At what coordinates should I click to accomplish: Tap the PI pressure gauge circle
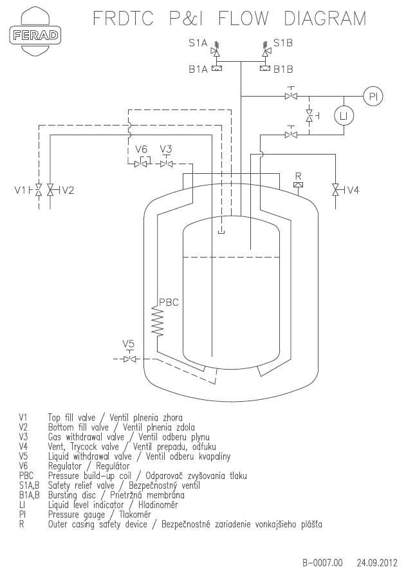[x=373, y=97]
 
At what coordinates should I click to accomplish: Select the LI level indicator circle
[x=344, y=117]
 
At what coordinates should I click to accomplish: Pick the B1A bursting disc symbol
[x=217, y=68]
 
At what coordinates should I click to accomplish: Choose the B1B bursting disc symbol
[x=265, y=68]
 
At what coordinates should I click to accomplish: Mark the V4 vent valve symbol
[x=337, y=190]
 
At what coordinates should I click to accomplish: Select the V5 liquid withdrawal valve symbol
[x=129, y=357]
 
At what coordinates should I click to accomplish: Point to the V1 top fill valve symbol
[x=37, y=190]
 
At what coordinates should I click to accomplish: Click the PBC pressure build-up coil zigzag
[x=158, y=321]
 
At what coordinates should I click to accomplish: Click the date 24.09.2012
[x=377, y=563]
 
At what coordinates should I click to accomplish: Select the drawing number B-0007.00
[x=322, y=563]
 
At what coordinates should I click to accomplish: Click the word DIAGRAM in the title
[x=325, y=18]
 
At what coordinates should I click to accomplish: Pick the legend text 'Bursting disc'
[x=72, y=495]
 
